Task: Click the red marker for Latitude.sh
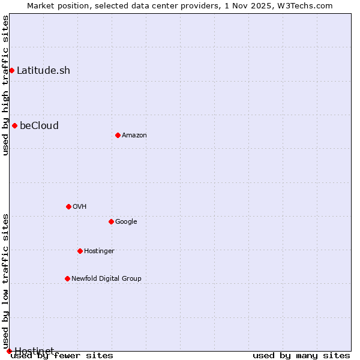click(11, 70)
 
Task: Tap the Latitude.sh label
click(43, 70)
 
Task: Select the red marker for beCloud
click(14, 125)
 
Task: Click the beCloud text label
click(39, 125)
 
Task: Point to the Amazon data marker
click(118, 135)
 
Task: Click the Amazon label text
click(134, 135)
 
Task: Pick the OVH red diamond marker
click(68, 206)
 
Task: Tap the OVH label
click(79, 206)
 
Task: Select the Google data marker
click(111, 221)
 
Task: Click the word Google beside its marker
click(126, 221)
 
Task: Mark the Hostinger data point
click(80, 251)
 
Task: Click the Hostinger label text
click(99, 251)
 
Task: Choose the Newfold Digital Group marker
click(67, 278)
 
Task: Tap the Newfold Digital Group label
click(106, 278)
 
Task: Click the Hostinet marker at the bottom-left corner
click(9, 351)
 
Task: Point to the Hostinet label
click(34, 350)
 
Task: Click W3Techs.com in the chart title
click(308, 5)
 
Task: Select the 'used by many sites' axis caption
click(301, 355)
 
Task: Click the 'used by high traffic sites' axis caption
click(5, 85)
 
